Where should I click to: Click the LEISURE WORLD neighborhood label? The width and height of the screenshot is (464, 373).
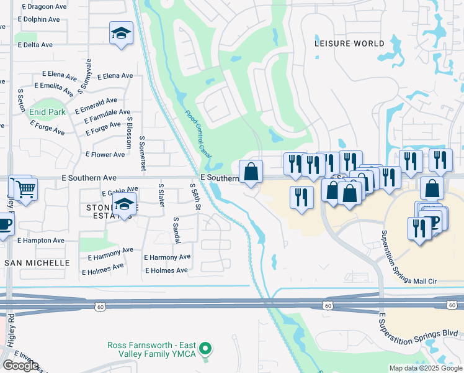click(349, 44)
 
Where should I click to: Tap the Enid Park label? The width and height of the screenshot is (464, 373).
click(47, 112)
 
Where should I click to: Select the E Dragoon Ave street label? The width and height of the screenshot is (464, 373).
click(44, 7)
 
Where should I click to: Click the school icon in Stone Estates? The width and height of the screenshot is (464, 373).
click(125, 206)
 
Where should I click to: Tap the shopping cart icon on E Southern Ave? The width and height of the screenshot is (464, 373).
click(25, 188)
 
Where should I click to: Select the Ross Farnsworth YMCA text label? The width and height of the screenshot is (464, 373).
click(151, 349)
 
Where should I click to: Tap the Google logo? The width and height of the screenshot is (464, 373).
click(20, 366)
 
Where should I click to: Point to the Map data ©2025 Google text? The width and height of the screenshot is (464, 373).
click(426, 368)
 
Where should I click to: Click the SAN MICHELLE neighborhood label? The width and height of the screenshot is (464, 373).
click(37, 263)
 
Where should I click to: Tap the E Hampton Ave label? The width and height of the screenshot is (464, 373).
click(40, 240)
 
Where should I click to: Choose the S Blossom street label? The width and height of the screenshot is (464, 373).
click(130, 132)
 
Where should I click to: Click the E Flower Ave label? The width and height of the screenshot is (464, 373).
click(105, 154)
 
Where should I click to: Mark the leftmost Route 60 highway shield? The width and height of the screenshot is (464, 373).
click(101, 306)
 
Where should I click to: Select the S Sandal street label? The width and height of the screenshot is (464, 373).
click(176, 229)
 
